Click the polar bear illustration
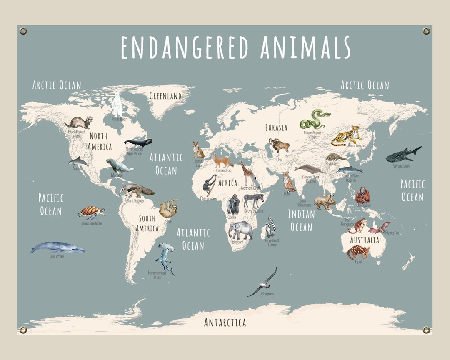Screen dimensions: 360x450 117,105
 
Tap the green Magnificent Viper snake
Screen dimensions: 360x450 315,119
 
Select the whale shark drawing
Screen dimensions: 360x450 402,155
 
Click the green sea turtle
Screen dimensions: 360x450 91,212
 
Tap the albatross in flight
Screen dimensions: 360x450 262,284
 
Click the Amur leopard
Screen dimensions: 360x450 347,136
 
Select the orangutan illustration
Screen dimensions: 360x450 362,195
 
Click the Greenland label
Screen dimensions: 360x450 165,96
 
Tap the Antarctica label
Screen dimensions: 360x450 225,322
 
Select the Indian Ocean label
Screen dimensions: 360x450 301,220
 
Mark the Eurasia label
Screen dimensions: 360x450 276,127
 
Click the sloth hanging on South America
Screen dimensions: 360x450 167,208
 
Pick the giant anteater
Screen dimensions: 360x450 136,191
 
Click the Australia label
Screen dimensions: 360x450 365,240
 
